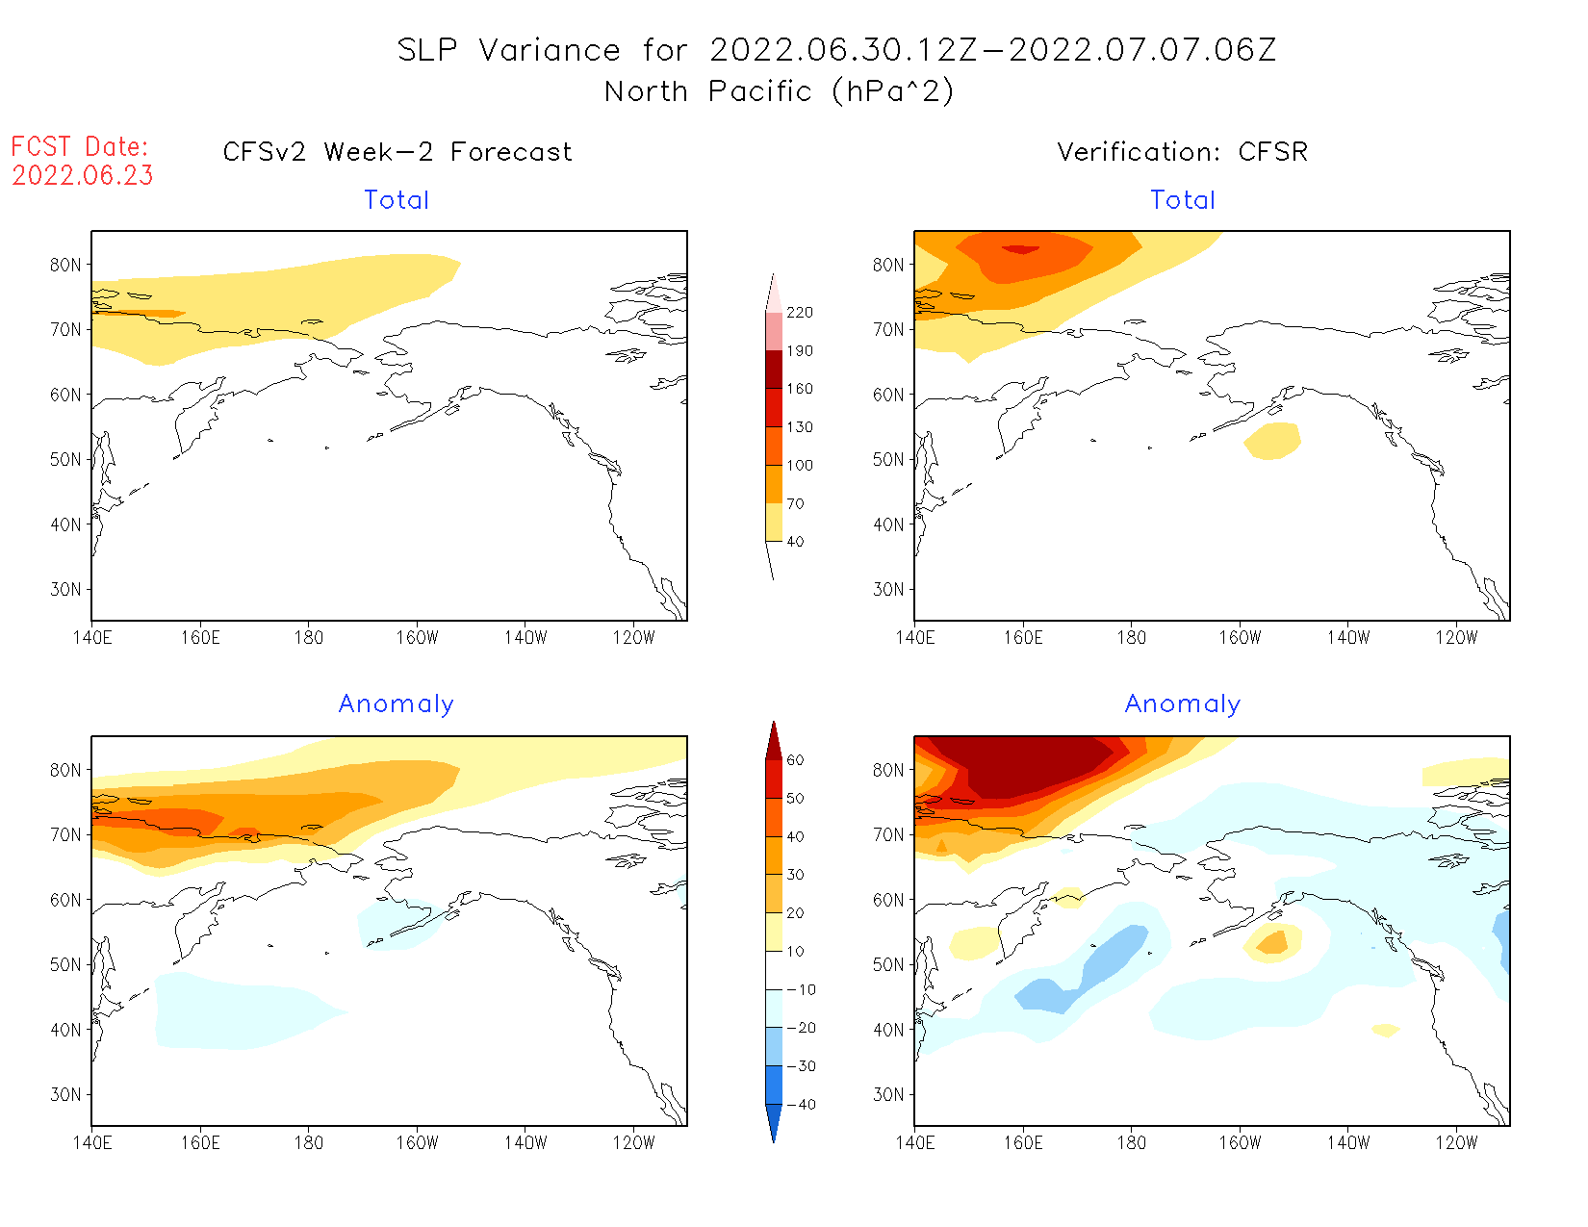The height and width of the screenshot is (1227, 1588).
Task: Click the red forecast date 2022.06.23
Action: click(x=83, y=176)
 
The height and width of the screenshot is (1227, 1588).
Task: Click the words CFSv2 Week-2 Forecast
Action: click(x=397, y=152)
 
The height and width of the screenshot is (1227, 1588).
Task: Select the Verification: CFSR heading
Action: click(x=1182, y=152)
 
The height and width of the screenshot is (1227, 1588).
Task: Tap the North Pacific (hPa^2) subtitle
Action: click(x=780, y=91)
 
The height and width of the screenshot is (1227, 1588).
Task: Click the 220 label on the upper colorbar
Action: click(x=799, y=313)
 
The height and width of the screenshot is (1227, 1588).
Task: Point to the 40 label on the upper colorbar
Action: click(x=795, y=542)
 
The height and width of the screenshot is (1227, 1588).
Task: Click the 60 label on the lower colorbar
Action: click(x=795, y=760)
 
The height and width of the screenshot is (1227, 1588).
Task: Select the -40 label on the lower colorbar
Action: click(x=800, y=1105)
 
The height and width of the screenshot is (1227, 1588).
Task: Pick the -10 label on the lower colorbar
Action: click(x=800, y=989)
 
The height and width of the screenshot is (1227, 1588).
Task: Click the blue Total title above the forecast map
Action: click(x=397, y=200)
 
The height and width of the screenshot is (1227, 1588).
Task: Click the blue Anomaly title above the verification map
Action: click(x=1182, y=704)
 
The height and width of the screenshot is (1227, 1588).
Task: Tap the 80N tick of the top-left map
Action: click(x=65, y=265)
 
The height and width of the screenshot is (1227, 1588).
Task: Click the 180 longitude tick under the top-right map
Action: click(x=1131, y=637)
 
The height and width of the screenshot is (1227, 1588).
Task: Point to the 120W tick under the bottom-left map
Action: click(x=633, y=1142)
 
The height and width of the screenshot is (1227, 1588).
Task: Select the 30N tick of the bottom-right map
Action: click(x=888, y=1094)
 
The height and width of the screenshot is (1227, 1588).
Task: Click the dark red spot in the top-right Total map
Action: click(x=1021, y=249)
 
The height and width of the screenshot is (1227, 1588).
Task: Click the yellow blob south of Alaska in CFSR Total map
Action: click(x=1272, y=441)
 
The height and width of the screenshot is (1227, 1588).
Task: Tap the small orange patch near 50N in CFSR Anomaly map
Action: click(x=1273, y=942)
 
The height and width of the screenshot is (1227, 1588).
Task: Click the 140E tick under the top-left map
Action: click(x=91, y=637)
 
